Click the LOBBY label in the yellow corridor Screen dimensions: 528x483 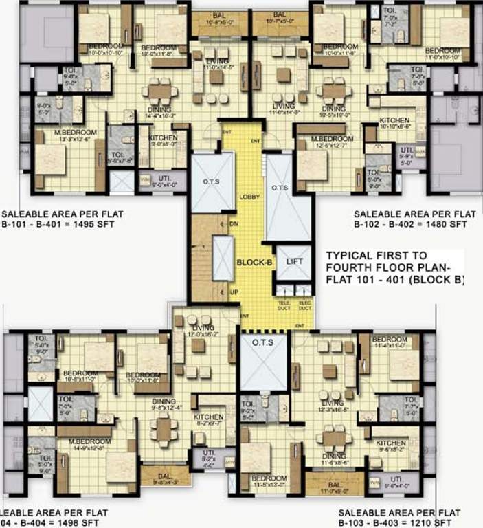point(248,197)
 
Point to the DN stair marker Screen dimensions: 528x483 point(233,224)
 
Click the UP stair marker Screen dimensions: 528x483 point(233,291)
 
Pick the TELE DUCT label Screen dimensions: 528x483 point(284,305)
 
